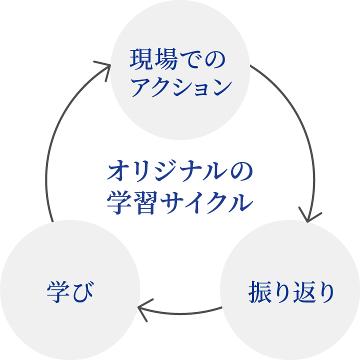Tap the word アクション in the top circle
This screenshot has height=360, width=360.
tap(180, 88)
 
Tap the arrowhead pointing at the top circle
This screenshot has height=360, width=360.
tap(104, 66)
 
